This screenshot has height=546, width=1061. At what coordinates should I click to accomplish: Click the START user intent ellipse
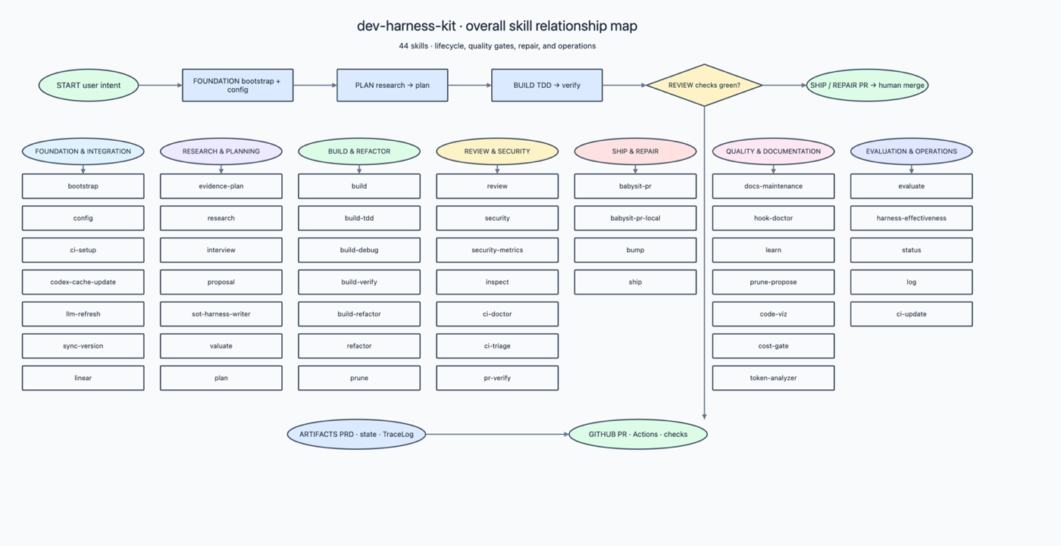pyautogui.click(x=89, y=85)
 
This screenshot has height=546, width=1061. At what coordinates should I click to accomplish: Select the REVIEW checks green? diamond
pyautogui.click(x=704, y=85)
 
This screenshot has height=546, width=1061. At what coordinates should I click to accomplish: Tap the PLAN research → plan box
pyautogui.click(x=393, y=85)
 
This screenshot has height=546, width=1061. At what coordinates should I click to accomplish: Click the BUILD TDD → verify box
pyautogui.click(x=546, y=85)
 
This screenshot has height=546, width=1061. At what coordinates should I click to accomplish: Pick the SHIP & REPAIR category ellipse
pyautogui.click(x=635, y=151)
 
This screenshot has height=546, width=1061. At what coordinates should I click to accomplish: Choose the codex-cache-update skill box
pyautogui.click(x=83, y=282)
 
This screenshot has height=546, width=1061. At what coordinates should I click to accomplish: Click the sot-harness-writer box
pyautogui.click(x=221, y=314)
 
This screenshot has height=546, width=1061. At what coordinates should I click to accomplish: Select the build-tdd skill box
pyautogui.click(x=359, y=218)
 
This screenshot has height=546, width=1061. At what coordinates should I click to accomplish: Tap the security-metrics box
pyautogui.click(x=497, y=250)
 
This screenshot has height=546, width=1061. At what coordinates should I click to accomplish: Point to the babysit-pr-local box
pyautogui.click(x=635, y=218)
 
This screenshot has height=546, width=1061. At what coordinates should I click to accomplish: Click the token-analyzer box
pyautogui.click(x=773, y=378)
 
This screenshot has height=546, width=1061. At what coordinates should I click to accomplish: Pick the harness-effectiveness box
pyautogui.click(x=911, y=218)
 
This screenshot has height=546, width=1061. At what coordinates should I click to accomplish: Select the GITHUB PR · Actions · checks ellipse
pyautogui.click(x=638, y=435)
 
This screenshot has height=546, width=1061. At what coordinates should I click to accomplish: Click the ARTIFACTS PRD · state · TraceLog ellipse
pyautogui.click(x=356, y=435)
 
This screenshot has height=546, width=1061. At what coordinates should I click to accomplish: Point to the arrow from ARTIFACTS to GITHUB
pyautogui.click(x=497, y=435)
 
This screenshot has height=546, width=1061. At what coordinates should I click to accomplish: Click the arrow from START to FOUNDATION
pyautogui.click(x=161, y=85)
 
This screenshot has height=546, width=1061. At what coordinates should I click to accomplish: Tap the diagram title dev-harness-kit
pyautogui.click(x=406, y=26)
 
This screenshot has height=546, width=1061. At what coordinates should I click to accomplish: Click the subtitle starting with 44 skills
pyautogui.click(x=497, y=46)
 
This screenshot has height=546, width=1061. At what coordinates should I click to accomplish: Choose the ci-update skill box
pyautogui.click(x=911, y=314)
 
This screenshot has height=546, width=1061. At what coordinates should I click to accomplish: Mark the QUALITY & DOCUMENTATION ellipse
pyautogui.click(x=773, y=151)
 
